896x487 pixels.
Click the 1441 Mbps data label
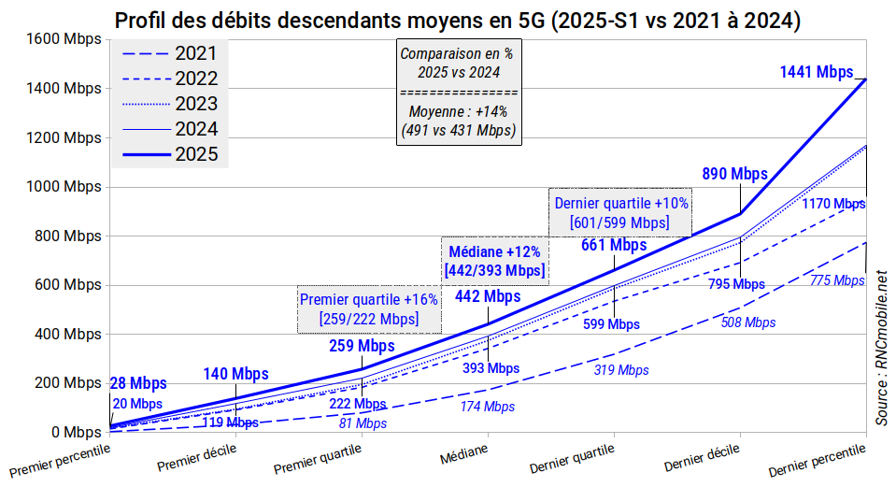pos(816,71)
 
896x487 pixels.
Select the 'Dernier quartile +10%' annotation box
pos(620,212)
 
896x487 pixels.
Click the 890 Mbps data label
pos(734,174)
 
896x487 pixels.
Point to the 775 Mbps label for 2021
pos(836,280)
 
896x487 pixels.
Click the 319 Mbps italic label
pos(621,370)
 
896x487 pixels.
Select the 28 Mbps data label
pos(138,383)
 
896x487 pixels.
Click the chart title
pos(457,20)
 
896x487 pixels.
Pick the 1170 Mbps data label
pos(833,203)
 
